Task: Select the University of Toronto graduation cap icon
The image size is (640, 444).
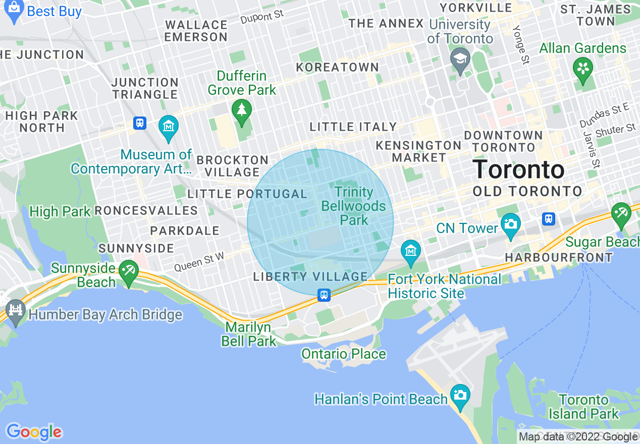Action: (x=460, y=59)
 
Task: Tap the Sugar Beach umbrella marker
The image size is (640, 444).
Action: (x=621, y=214)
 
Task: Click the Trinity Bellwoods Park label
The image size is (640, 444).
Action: (x=354, y=206)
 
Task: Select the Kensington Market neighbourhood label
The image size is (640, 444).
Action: (x=418, y=151)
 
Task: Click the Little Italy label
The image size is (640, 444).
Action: (x=353, y=127)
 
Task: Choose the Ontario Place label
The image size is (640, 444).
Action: (x=343, y=354)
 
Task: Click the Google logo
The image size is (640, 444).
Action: (x=34, y=432)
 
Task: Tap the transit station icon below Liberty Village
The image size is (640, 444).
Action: (x=324, y=295)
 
